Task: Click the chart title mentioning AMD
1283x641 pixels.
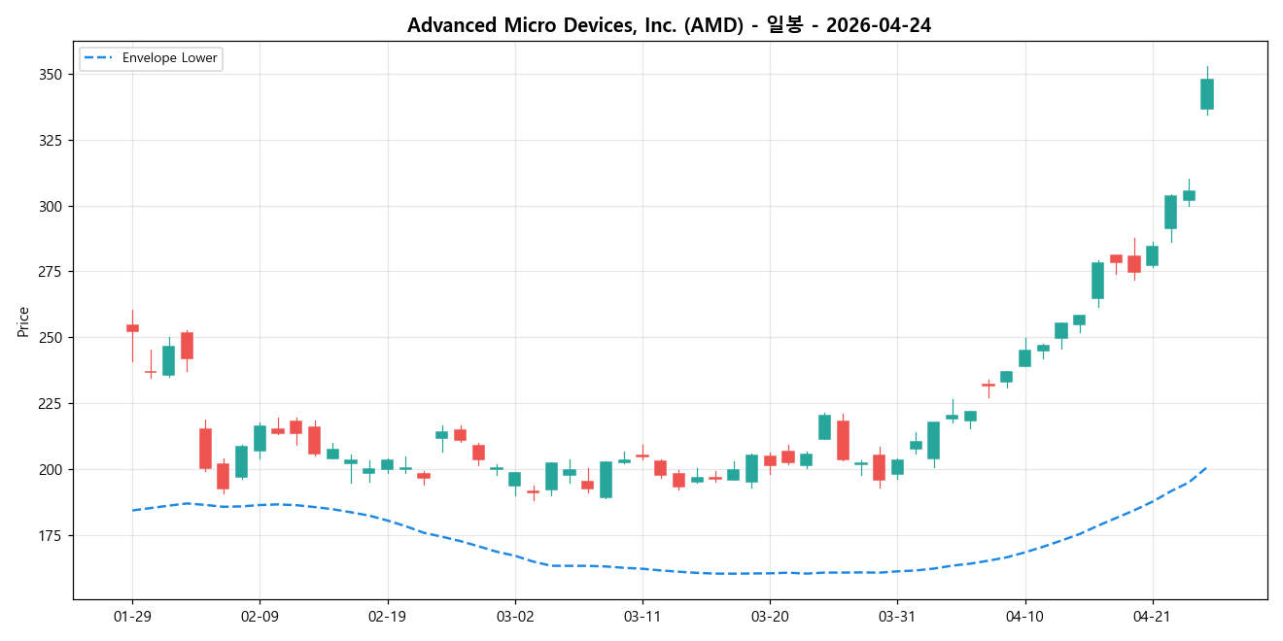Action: (669, 25)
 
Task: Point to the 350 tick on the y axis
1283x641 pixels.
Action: (50, 75)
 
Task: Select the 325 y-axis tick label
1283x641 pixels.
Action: (50, 141)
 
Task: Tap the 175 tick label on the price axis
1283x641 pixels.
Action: (50, 536)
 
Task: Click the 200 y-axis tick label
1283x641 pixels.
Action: (50, 470)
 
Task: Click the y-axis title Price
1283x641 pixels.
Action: (23, 321)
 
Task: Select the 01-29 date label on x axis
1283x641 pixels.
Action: (132, 617)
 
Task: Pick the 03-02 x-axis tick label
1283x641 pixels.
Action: (515, 617)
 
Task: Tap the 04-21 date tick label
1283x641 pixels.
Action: (1153, 617)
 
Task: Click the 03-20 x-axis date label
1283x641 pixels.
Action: (770, 617)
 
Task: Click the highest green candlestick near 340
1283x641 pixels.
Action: (1207, 94)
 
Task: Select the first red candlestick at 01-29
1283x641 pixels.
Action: (132, 328)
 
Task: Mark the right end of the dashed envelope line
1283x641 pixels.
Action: (1206, 467)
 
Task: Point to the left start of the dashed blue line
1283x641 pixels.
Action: (132, 510)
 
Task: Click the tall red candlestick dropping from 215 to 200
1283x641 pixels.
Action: (205, 449)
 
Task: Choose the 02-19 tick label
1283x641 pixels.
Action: (388, 617)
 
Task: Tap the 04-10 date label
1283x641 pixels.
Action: (1024, 617)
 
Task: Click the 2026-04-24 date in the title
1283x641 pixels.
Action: (878, 25)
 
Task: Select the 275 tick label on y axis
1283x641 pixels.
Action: (50, 272)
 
